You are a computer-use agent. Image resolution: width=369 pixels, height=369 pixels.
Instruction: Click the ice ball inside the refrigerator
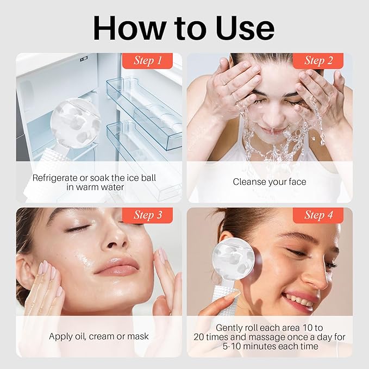(76, 123)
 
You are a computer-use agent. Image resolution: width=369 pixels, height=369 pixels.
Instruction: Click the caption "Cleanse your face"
(270, 182)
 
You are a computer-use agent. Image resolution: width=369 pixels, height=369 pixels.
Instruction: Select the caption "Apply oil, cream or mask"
(98, 336)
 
